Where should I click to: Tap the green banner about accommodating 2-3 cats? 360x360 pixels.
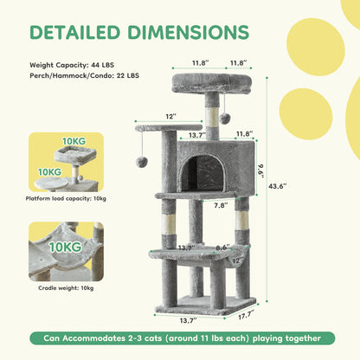click(179, 337)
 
